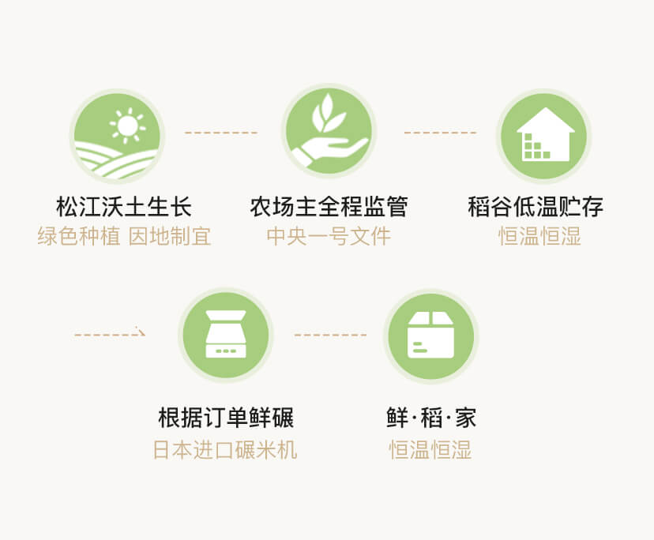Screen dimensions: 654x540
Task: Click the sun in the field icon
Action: point(127,124)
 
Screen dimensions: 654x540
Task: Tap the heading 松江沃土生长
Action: point(124,208)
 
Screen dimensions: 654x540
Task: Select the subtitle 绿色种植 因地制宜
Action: point(124,236)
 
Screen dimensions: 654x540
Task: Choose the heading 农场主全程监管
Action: point(329,208)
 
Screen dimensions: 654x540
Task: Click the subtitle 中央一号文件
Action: point(329,236)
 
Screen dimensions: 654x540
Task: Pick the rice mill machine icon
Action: point(226,335)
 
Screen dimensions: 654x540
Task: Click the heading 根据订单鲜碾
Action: point(226,418)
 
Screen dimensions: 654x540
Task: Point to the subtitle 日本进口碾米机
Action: point(225,450)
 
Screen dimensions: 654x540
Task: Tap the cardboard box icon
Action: point(430,335)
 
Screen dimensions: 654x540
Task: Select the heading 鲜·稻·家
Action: point(430,418)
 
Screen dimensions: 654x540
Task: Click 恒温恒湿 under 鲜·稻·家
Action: point(430,450)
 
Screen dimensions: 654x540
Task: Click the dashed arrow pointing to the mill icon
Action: point(111,334)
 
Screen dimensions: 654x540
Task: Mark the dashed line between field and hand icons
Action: point(221,132)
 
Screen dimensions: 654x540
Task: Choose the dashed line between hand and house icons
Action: point(440,132)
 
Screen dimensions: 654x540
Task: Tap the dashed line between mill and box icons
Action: point(330,335)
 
